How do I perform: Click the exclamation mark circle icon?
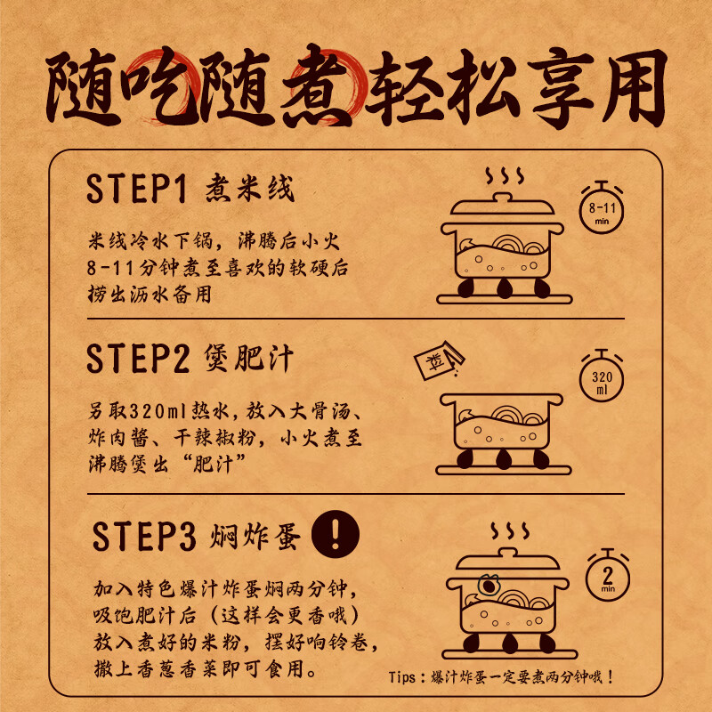pos(336,536)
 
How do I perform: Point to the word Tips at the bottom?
pos(409,677)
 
